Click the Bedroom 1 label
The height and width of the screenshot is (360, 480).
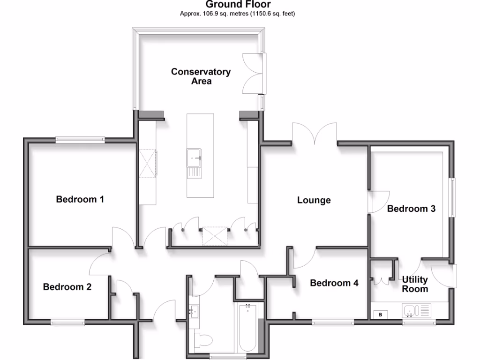click(x=80, y=199)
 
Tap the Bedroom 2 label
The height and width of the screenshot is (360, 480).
click(x=67, y=287)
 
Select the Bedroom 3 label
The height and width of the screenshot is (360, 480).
click(x=411, y=209)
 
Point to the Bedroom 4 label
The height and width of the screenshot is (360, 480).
click(x=334, y=283)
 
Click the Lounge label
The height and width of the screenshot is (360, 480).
click(x=314, y=200)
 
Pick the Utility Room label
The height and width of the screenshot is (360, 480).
click(x=415, y=284)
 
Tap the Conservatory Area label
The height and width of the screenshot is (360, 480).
click(x=201, y=76)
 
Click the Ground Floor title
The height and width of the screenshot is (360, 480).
click(x=238, y=5)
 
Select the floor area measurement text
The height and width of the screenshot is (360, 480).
click(x=238, y=14)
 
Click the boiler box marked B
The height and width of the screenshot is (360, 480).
click(x=380, y=314)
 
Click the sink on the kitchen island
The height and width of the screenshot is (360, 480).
click(x=194, y=157)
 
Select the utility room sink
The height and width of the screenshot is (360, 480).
click(x=411, y=311)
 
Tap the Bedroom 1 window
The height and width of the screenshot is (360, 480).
click(x=80, y=139)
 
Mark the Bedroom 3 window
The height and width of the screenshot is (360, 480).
click(x=452, y=197)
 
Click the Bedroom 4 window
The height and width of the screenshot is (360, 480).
click(x=333, y=322)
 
